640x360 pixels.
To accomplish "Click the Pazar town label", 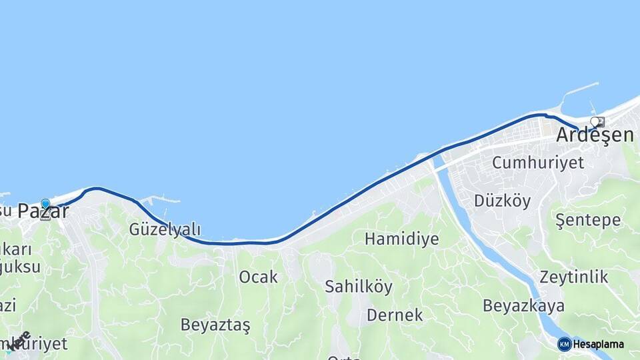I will coord(43,212).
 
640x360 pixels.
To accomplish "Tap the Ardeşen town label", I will coord(595,135).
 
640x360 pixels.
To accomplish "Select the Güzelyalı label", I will coord(165,230).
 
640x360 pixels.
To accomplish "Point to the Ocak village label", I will coord(258,277).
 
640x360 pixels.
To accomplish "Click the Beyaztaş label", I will coord(215,325).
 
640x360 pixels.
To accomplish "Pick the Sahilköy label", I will coord(358,287).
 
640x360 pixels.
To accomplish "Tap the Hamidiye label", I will coord(401,239).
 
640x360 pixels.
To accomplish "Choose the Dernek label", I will coord(394,315).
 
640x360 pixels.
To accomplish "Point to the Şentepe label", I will coord(588,220).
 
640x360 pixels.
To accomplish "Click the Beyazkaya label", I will coord(523,306).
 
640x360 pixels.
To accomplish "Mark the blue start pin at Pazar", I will coord(45,204).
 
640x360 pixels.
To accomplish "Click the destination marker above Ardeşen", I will coord(598,122).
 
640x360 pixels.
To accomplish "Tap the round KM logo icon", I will coord(564,344).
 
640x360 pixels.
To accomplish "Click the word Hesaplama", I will coord(598,345).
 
